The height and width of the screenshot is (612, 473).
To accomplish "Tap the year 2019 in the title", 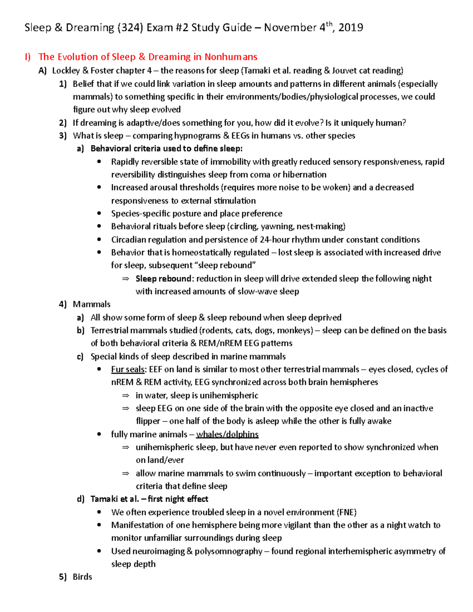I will point(350,28).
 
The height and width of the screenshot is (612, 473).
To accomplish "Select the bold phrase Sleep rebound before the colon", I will point(163,279).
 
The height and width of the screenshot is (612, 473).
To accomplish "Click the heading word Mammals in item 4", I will point(91,304).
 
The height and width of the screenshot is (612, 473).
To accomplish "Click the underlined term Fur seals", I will point(128,369).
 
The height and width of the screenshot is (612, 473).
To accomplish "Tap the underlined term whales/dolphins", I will point(227,434).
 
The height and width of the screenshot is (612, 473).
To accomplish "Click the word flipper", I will point(148,421).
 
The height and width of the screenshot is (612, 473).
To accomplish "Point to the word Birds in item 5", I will point(82,577).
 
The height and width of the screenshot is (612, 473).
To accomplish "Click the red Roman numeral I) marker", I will point(28,57).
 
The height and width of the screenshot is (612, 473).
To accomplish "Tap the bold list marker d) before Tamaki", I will point(80,499).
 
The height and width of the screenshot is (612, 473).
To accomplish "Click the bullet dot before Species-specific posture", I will point(99,214).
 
